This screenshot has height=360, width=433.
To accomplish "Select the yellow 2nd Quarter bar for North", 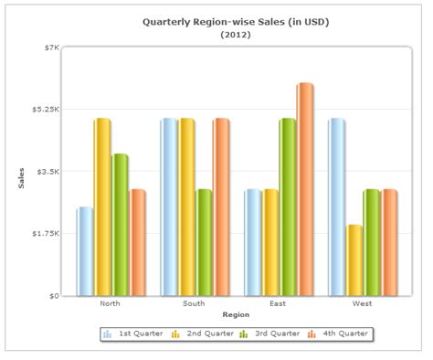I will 101,207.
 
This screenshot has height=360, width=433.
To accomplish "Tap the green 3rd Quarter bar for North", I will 120,225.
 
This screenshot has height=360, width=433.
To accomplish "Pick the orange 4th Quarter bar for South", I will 221,207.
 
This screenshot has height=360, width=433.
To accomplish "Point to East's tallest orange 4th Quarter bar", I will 304,189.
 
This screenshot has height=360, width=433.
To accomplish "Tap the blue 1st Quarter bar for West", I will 336,207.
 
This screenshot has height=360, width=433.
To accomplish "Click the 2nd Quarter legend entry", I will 202,334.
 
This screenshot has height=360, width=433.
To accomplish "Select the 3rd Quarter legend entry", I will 270,334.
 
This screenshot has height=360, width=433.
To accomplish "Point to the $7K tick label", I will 50,48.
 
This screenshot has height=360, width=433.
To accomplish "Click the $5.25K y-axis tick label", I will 45,110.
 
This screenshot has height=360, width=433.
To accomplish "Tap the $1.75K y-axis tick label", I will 45,234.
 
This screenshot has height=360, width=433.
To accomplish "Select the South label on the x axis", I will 194,303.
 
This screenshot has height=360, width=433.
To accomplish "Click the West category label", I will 362,303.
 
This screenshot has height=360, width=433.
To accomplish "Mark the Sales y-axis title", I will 22,173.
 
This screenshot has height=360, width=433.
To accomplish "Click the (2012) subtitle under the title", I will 236,35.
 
